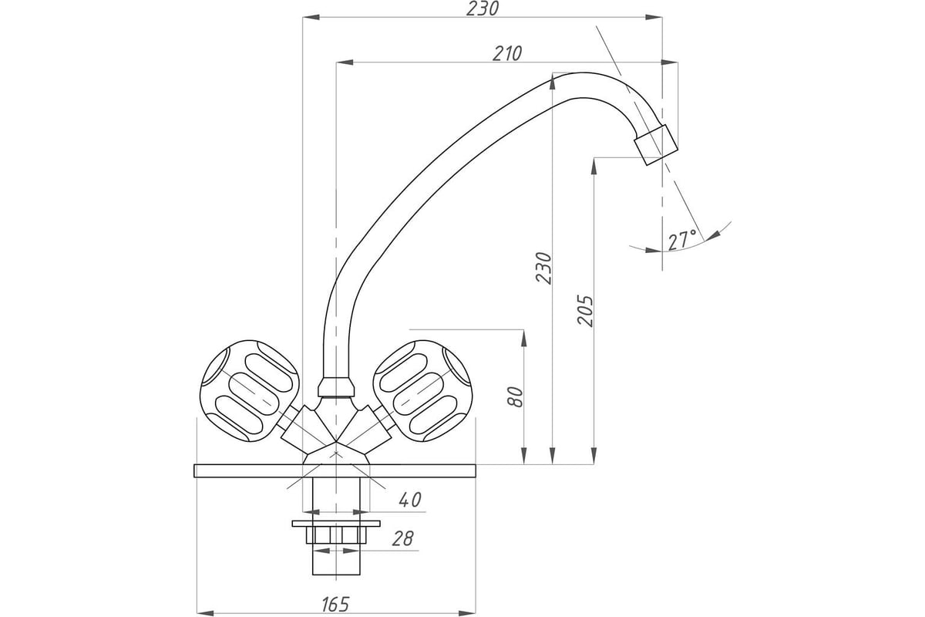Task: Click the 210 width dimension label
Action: (507, 53)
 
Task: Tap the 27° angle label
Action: (682, 241)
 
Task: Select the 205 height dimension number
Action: (585, 310)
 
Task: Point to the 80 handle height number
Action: (516, 397)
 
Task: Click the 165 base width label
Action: (335, 605)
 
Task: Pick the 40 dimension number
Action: (410, 500)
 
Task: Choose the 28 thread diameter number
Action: (402, 538)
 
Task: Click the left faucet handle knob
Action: (250, 391)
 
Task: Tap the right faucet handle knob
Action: (423, 391)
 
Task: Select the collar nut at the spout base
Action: (336, 387)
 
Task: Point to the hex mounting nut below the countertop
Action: (336, 534)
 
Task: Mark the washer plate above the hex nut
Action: (336, 524)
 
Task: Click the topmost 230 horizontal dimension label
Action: (483, 8)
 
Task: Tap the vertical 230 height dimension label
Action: (543, 268)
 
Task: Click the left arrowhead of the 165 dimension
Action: (205, 613)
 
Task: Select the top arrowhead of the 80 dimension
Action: (523, 338)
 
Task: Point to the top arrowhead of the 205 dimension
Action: (594, 166)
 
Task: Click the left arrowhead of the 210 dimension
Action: (345, 62)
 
